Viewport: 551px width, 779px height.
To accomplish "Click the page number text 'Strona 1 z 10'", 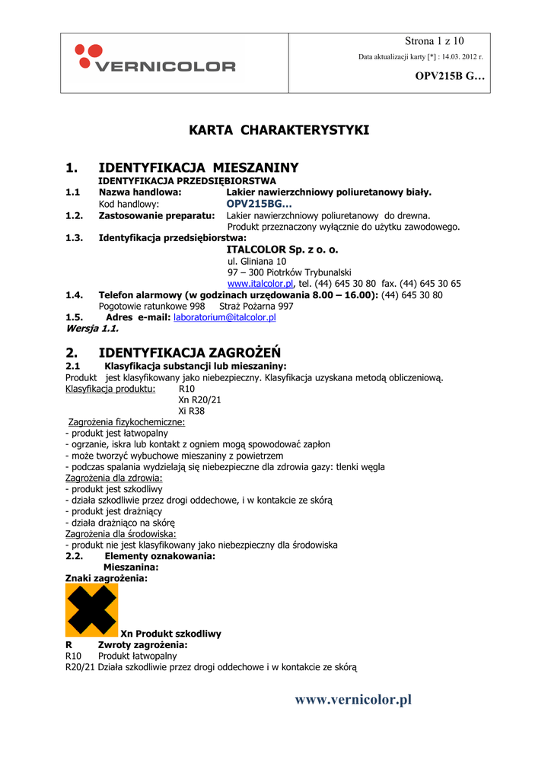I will coord(434,41).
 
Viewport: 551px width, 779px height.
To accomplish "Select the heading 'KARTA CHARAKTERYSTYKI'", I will coord(279,130).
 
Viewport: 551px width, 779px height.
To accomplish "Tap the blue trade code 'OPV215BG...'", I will coord(259,204).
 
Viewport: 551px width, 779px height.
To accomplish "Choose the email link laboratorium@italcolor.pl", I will coord(225,317).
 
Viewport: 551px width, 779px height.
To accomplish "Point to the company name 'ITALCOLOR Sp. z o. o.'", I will coord(282,250).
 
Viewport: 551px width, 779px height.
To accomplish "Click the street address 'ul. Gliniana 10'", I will coord(257,261).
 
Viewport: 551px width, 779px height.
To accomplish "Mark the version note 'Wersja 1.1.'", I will coord(93,329).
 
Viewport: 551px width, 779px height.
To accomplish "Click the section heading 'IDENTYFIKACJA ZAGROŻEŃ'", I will coord(190,352).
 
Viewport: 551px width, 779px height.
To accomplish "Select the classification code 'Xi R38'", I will coord(191,411).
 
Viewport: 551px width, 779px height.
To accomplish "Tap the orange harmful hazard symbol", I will coord(91,610).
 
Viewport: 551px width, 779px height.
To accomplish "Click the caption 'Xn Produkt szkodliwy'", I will coord(171,633).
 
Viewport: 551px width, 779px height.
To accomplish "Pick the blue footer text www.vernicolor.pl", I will coord(353,699).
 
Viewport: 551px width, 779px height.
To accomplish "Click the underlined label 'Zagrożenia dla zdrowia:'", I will coord(114,478).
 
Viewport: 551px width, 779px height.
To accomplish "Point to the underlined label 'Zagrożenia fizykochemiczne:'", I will coord(127,421).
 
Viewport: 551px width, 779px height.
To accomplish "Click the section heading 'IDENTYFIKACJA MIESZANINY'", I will coord(199,167).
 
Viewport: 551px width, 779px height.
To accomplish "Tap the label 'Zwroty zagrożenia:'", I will coord(143,644).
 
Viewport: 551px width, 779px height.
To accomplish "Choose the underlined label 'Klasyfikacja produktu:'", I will coord(110,388).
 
